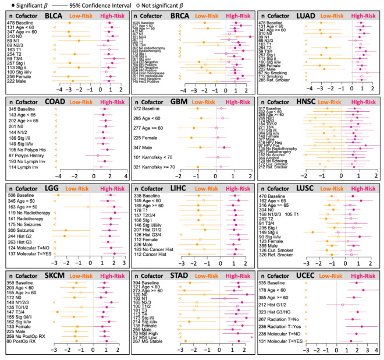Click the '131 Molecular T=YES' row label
coord(285,341)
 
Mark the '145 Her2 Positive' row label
coord(150,80)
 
